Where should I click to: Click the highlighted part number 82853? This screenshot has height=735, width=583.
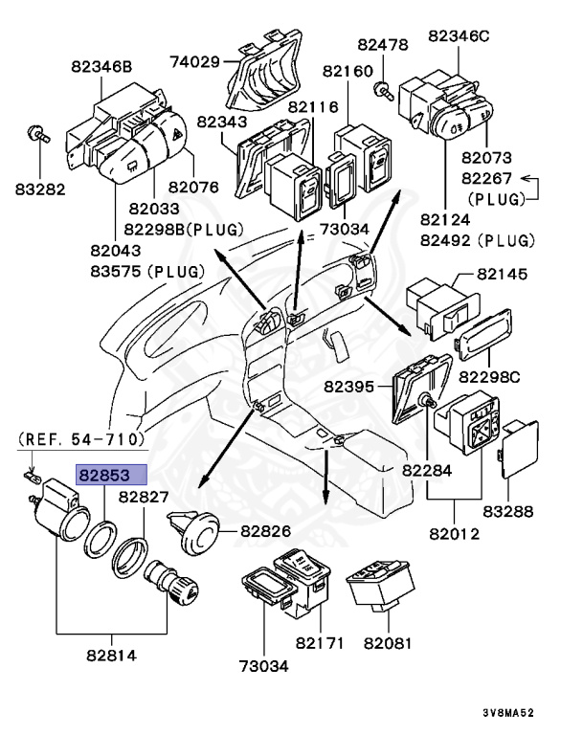coord(112,475)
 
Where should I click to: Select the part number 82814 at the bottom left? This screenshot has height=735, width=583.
coord(111,656)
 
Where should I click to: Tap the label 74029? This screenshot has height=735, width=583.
coord(195,62)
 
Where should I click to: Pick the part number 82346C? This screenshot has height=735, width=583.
coord(459,35)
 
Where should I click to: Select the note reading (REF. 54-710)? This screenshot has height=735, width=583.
coord(80,438)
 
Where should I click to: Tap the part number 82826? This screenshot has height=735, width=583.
coord(272,529)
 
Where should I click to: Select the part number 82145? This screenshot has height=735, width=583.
coord(502,274)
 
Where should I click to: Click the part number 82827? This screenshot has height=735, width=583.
coord(144,498)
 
